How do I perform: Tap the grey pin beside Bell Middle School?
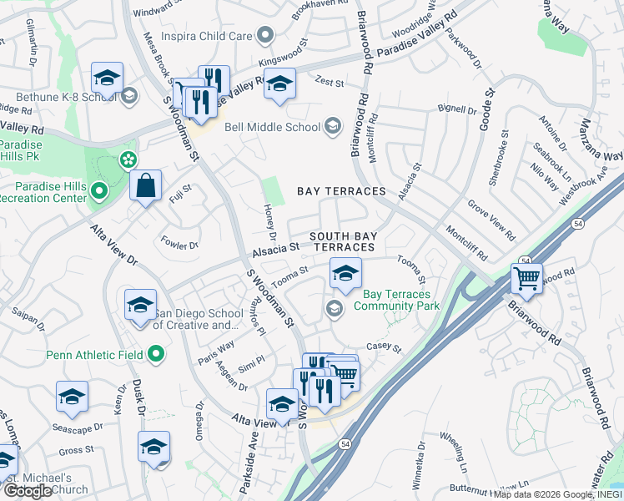coord(333,127)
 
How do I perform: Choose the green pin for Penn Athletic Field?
coord(156,355)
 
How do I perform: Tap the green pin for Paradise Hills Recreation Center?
coord(99,193)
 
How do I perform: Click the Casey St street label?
coord(385,348)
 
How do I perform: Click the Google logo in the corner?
coord(28,491)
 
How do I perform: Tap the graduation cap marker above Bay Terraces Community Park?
coord(345,271)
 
